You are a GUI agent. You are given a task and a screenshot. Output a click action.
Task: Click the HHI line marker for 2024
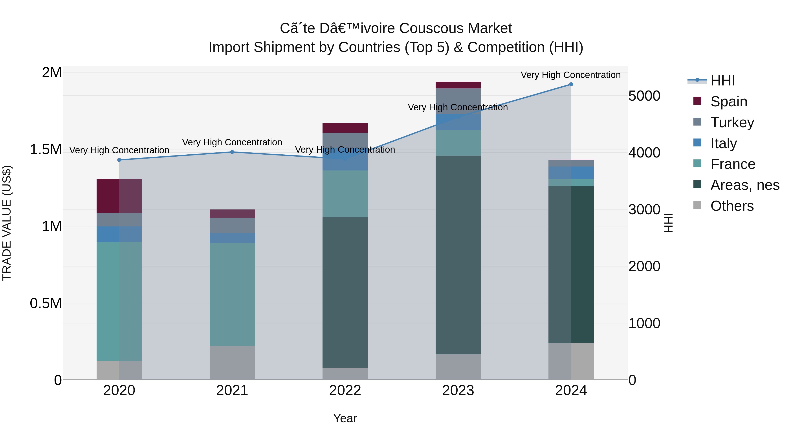571,84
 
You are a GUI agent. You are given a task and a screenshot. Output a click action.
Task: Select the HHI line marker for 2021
232,152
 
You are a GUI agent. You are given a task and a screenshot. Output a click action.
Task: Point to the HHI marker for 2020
119,160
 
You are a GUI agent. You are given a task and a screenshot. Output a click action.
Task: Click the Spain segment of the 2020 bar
119,196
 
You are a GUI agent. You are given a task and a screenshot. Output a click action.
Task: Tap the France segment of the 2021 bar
232,294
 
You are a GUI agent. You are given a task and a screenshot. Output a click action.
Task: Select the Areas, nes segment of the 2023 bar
458,255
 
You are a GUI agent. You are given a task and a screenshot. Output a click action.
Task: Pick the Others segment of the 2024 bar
571,361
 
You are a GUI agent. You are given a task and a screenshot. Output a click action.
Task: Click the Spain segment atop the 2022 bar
345,128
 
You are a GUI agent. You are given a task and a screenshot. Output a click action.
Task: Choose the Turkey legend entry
732,122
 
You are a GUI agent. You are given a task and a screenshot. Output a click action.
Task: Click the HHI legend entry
722,81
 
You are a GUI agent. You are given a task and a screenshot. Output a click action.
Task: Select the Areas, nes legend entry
744,185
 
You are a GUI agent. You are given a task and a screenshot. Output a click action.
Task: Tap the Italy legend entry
723,143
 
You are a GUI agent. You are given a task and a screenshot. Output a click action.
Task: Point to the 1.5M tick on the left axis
46,150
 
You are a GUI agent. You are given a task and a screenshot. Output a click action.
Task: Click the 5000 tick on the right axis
644,96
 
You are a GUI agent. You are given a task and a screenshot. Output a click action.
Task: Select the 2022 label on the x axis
345,390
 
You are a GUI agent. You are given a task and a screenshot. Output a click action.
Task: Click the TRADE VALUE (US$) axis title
7,223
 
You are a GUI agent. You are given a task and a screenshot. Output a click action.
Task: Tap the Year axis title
345,418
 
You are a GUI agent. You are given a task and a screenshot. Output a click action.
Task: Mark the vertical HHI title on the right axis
668,223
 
